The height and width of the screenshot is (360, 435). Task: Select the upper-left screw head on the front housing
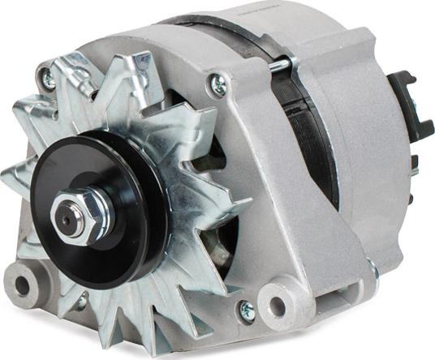[x=49, y=79]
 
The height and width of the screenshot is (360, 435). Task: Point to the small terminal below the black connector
[x=414, y=162]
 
